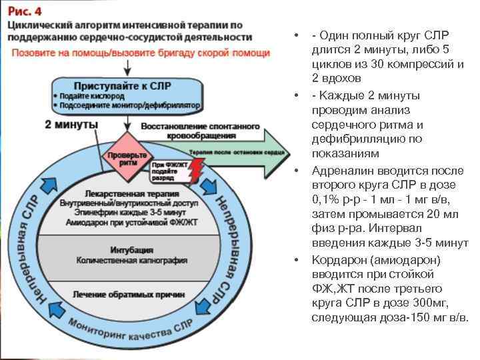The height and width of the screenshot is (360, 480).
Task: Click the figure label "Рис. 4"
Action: pyautogui.click(x=24, y=11)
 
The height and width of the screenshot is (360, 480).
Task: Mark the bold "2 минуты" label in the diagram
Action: pyautogui.click(x=71, y=125)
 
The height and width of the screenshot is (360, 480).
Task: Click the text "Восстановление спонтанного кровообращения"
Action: pyautogui.click(x=191, y=131)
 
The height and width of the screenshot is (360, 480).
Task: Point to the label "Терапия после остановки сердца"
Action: pyautogui.click(x=227, y=153)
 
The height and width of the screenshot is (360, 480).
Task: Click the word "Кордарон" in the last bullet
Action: pyautogui.click(x=339, y=260)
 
